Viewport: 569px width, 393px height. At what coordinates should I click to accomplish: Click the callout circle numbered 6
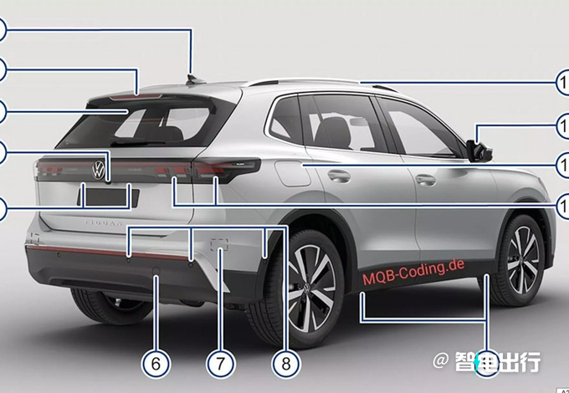click(156, 363)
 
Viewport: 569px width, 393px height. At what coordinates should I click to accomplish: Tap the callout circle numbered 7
click(219, 363)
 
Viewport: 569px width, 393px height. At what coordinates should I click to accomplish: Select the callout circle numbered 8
click(285, 363)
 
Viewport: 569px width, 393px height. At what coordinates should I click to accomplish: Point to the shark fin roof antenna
click(195, 79)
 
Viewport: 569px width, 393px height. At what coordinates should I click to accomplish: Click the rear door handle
click(339, 176)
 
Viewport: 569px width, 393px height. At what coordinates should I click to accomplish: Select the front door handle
click(426, 179)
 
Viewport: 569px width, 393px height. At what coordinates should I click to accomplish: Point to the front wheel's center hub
click(523, 260)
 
